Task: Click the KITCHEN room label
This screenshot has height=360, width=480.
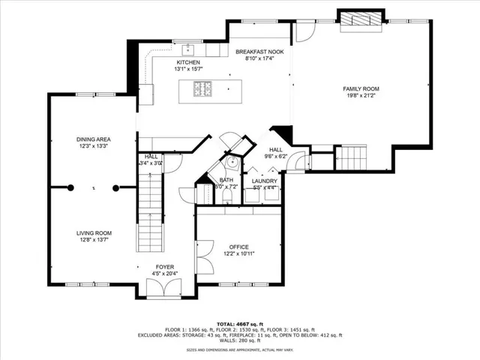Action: pyautogui.click(x=188, y=62)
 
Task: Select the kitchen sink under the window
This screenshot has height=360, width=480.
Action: pyautogui.click(x=184, y=43)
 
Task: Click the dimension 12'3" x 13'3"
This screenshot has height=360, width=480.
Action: pyautogui.click(x=94, y=147)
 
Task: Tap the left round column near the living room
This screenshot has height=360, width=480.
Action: pyautogui.click(x=70, y=187)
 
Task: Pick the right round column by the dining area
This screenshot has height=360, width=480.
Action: pyautogui.click(x=115, y=187)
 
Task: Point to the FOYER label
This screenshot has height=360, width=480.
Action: pyautogui.click(x=165, y=266)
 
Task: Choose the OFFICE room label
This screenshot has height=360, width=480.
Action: pyautogui.click(x=239, y=247)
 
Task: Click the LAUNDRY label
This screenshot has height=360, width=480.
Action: pyautogui.click(x=265, y=181)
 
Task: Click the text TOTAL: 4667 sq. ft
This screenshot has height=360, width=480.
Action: pyautogui.click(x=239, y=322)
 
